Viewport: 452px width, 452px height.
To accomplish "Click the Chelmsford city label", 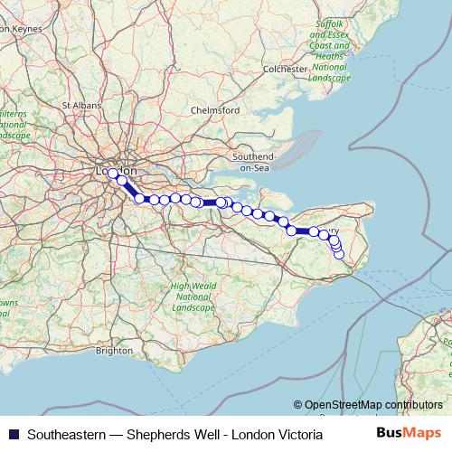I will point(215,110).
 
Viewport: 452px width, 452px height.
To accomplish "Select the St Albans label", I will point(79,105).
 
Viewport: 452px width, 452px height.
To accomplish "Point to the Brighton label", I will point(115,350).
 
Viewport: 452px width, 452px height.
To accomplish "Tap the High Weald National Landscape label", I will point(193,297).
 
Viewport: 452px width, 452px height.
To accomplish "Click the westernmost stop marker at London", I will point(113,174).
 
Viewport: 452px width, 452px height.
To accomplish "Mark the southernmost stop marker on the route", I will point(339,254).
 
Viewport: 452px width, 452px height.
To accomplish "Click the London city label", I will point(118,170).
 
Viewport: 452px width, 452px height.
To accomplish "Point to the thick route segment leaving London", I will point(131,190).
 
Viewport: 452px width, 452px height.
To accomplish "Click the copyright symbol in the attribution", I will point(298,405).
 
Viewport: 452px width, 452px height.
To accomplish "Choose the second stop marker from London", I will point(122,181).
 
